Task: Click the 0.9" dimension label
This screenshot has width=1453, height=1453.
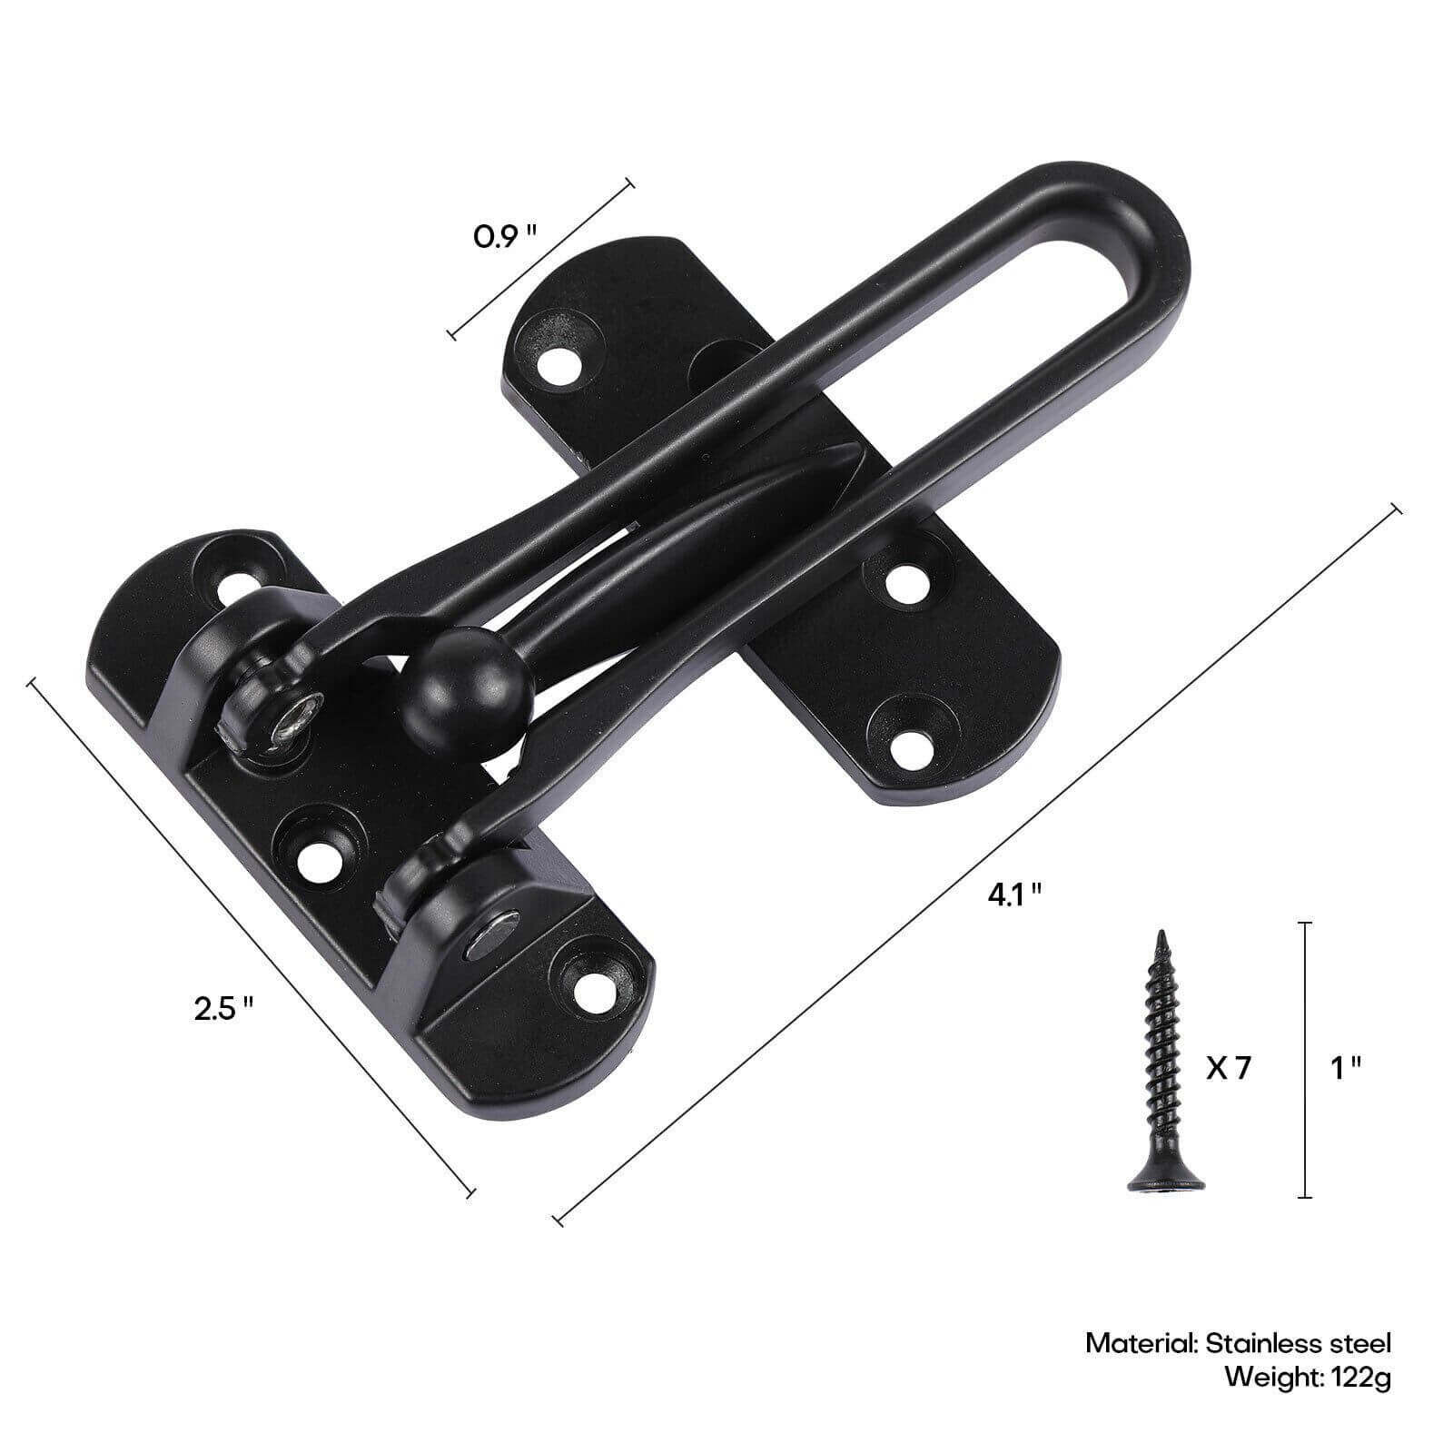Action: (x=505, y=238)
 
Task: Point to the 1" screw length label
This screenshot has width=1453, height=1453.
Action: (x=1345, y=1068)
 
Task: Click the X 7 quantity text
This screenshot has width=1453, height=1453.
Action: (x=1228, y=1068)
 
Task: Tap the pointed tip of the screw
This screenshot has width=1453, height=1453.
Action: (x=1160, y=935)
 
